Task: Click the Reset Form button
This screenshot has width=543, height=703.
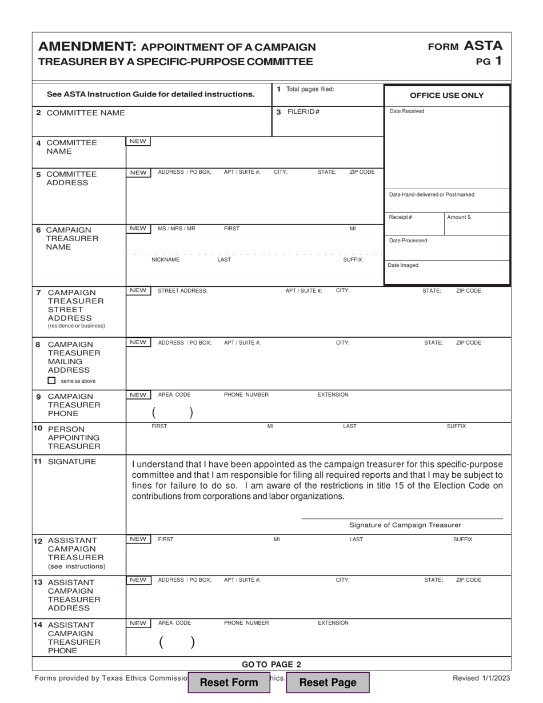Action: (229, 682)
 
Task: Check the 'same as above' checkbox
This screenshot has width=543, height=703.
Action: (52, 381)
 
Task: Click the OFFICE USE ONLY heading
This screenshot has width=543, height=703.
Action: (446, 95)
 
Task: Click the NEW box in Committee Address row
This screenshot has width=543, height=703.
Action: (138, 172)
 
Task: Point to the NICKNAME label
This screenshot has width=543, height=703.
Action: (165, 259)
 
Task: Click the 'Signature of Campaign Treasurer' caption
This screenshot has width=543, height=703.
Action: (405, 525)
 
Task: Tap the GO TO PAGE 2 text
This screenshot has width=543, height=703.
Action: (271, 664)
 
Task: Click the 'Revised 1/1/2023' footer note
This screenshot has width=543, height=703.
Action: (481, 678)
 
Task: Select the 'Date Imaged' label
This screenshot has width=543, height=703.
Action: (404, 265)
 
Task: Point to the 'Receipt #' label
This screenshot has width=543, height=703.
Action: (401, 217)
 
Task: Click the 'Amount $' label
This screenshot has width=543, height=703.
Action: (460, 217)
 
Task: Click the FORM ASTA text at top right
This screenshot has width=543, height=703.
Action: (465, 46)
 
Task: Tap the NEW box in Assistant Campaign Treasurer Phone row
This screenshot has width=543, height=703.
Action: (138, 623)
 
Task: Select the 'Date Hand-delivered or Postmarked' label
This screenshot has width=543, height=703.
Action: (432, 194)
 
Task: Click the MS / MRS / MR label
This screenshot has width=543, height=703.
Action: (176, 229)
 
